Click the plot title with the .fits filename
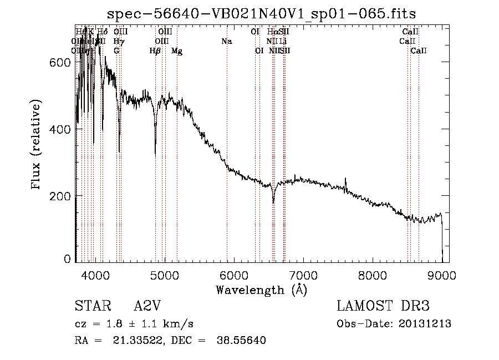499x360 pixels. click(261, 13)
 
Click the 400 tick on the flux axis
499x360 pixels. click(75, 129)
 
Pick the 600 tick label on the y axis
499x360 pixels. click(60, 63)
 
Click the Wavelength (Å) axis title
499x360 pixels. click(261, 290)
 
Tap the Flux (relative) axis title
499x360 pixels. click(37, 145)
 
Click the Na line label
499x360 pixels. click(226, 41)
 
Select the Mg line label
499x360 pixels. click(177, 51)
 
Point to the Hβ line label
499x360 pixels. click(155, 51)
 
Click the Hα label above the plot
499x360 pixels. click(272, 32)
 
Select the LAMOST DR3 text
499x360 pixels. click(383, 306)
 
